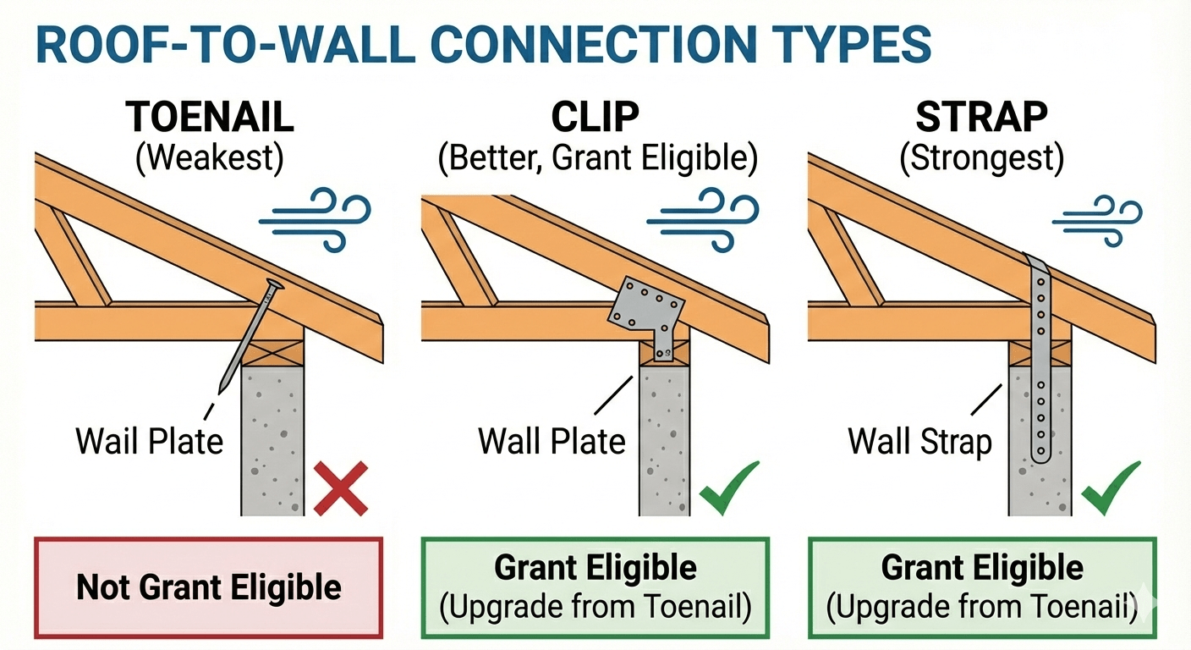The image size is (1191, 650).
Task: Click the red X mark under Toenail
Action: (x=341, y=487)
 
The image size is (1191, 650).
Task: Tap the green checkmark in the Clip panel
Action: (x=730, y=487)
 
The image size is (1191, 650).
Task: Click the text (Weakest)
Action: (x=209, y=159)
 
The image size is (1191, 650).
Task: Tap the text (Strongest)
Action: (x=981, y=159)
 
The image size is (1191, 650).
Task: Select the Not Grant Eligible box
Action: (x=209, y=586)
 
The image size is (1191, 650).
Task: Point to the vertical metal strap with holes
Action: (x=1039, y=355)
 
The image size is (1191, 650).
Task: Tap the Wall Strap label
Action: (x=919, y=441)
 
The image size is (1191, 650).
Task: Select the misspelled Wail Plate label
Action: (x=150, y=441)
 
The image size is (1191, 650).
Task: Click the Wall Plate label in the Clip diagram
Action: (x=552, y=441)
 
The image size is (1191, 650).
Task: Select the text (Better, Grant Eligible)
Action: (x=597, y=159)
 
